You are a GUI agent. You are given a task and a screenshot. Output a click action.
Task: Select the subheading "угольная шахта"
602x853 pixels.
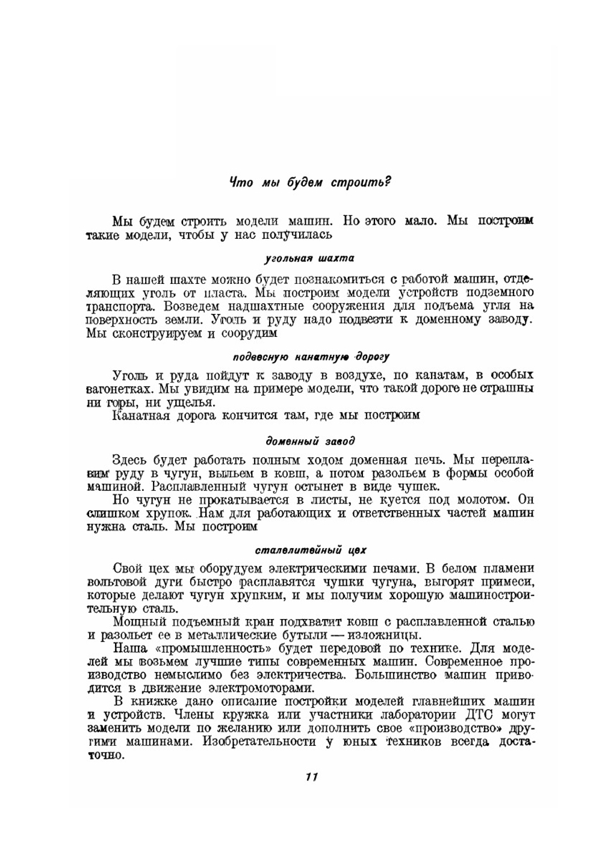click(309, 259)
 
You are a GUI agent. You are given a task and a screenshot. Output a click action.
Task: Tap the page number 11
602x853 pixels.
click(311, 777)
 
